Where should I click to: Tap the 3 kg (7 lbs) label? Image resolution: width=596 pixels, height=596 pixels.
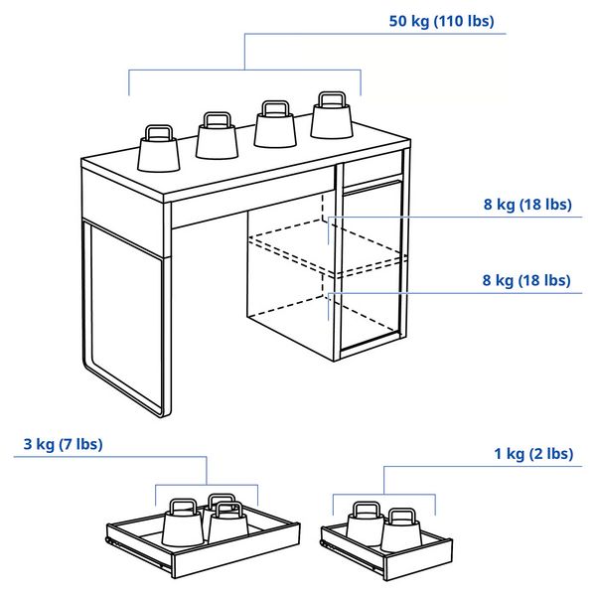tap(64, 443)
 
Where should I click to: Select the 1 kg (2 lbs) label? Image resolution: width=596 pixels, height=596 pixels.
tap(533, 454)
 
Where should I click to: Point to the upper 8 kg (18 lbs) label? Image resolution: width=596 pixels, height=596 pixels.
tap(528, 205)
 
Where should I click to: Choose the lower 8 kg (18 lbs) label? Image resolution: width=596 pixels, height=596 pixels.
tap(527, 280)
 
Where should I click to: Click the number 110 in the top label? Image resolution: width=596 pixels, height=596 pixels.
tap(459, 21)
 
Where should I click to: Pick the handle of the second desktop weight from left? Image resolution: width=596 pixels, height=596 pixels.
tap(217, 119)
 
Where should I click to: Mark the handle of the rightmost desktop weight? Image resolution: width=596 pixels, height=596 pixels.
tap(331, 98)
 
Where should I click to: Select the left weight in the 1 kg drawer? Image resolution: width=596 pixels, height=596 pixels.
tap(365, 527)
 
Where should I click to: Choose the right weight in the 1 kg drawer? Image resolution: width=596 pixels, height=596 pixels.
tap(400, 530)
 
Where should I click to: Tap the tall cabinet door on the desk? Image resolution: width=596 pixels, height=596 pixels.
tap(372, 268)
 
